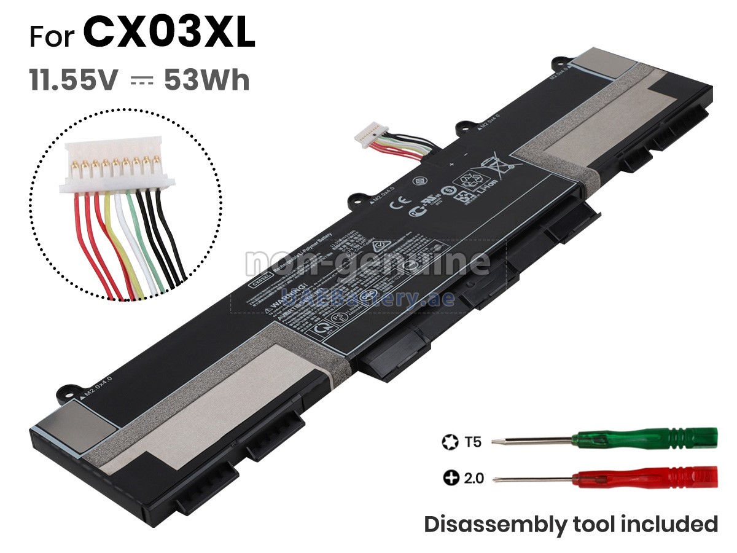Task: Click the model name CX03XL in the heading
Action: (170, 33)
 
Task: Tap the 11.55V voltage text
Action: (72, 80)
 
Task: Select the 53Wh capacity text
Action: (207, 80)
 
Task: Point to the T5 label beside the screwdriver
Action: (473, 441)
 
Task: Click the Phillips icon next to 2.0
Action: (451, 477)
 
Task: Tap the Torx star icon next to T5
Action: (449, 441)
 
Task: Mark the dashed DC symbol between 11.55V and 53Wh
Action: (140, 81)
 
